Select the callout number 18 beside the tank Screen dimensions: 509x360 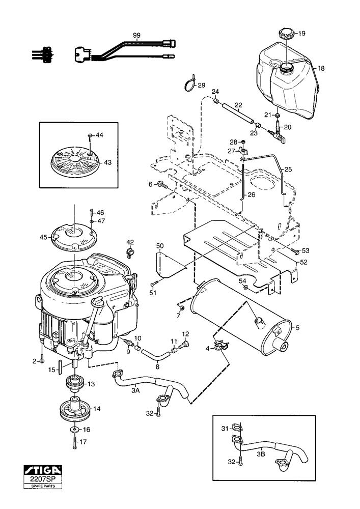[321, 68]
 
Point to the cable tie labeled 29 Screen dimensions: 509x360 [189, 82]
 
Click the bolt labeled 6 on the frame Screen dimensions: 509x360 [161, 184]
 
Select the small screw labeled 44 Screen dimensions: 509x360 [90, 136]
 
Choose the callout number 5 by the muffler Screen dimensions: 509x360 [298, 328]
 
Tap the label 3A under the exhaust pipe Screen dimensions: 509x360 [135, 390]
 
